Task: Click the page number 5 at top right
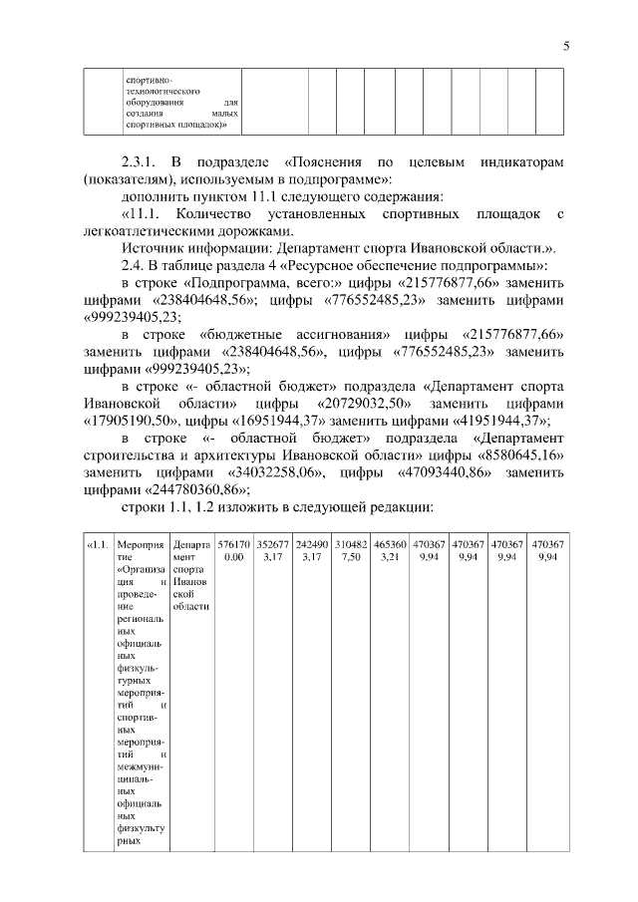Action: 565,46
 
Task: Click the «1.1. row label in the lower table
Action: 98,545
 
